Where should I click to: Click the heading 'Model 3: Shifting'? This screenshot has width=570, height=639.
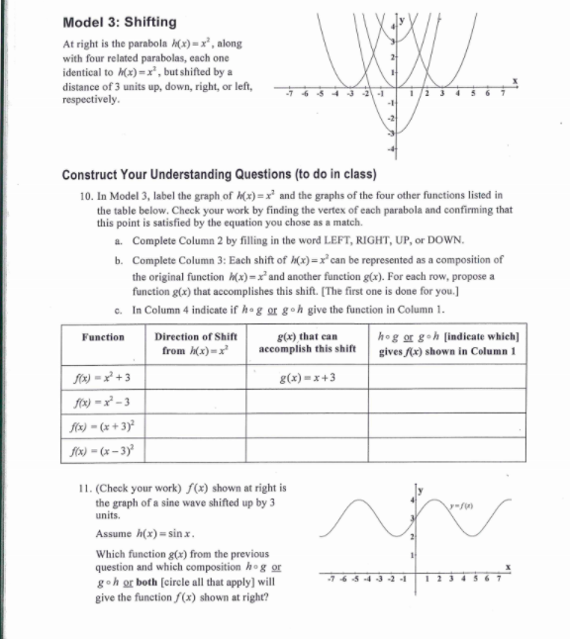point(119,22)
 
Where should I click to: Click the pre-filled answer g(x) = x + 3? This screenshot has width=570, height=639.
point(309,378)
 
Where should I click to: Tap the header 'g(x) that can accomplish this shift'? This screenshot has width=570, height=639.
point(307,343)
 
